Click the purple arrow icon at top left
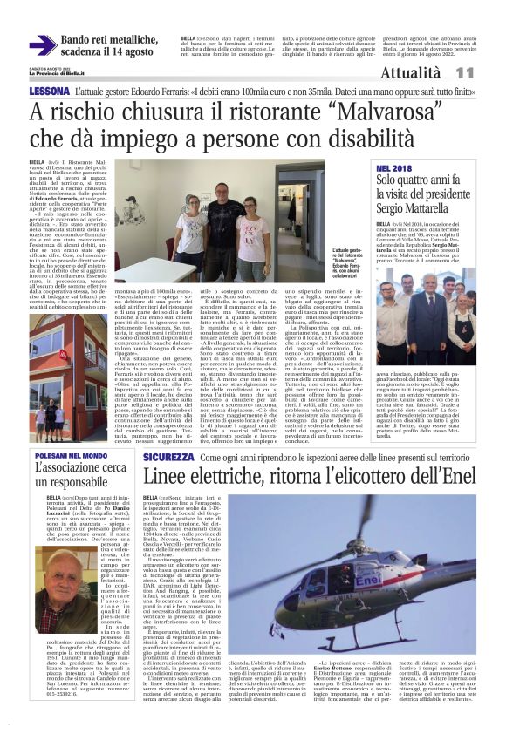point(43,45)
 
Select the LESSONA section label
point(49,92)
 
